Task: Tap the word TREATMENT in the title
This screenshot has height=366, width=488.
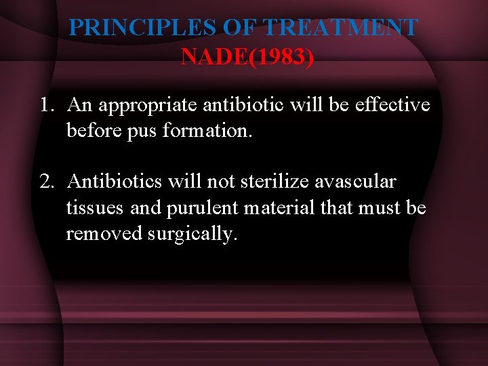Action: click(340, 27)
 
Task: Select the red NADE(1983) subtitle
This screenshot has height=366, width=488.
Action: click(247, 57)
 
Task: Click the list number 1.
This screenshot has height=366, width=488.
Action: click(46, 105)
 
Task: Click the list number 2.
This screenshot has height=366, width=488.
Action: click(46, 182)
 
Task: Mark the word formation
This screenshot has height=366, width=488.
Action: click(207, 130)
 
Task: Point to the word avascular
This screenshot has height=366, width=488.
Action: click(355, 182)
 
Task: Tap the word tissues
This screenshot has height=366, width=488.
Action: click(96, 207)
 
